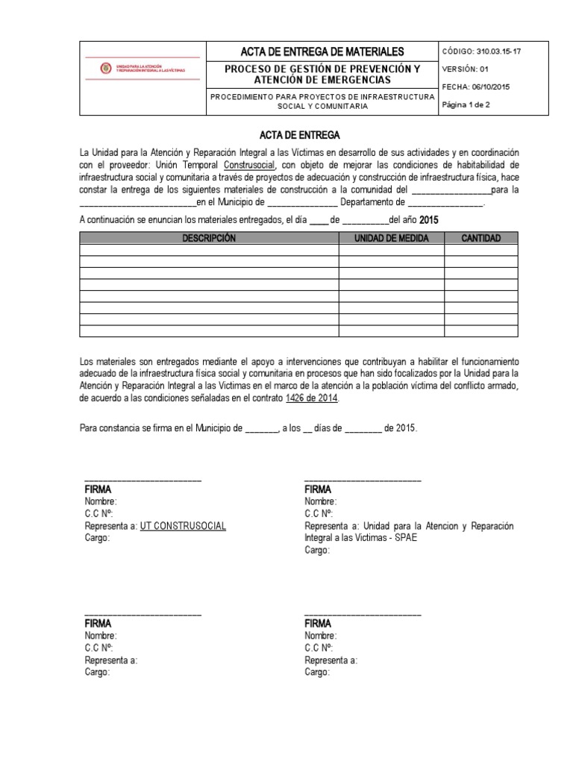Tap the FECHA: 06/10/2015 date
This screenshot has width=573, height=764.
coord(476,87)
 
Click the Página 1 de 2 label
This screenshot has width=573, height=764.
coord(466,105)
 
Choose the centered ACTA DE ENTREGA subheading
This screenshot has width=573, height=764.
coord(298,136)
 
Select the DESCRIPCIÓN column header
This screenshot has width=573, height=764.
coord(209,238)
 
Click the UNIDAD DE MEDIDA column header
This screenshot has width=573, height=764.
coord(392,238)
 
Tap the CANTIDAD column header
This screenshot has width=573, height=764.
coord(481,238)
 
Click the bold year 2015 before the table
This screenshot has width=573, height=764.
coord(430,220)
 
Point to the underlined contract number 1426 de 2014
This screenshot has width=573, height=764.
coord(312,399)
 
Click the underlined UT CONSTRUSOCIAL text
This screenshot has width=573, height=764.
coord(183,526)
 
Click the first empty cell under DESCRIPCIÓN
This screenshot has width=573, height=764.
coord(209,250)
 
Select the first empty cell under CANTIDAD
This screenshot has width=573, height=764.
coord(481,250)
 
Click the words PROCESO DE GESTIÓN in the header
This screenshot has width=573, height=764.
coord(280,69)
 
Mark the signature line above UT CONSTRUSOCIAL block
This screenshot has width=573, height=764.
coord(143,477)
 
